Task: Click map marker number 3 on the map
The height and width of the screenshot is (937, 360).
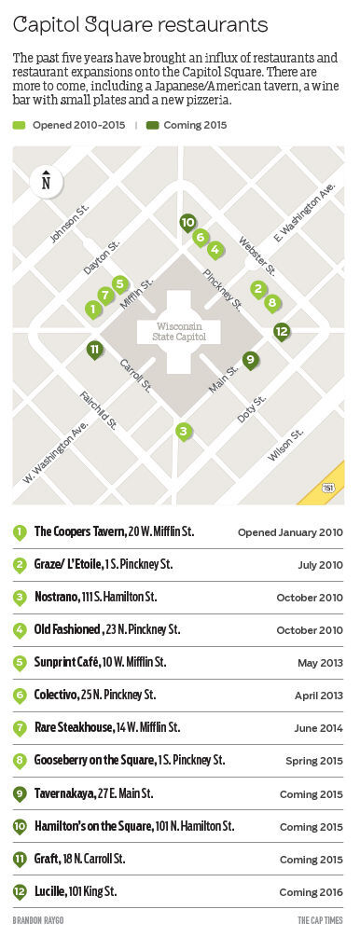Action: (x=184, y=431)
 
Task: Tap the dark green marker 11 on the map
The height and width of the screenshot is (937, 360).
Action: (x=94, y=350)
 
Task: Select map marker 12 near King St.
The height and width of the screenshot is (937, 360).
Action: (x=282, y=330)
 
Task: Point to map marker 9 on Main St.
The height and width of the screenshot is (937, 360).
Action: (x=249, y=359)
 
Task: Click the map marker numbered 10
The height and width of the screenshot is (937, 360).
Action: (x=187, y=222)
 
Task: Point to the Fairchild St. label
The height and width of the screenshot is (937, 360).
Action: (x=97, y=409)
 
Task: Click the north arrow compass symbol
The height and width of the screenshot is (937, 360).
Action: (x=46, y=181)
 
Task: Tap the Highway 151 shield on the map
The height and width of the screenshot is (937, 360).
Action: (x=327, y=487)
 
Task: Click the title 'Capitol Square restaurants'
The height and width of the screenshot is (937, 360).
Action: (x=141, y=23)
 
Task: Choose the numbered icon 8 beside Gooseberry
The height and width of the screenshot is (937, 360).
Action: (x=20, y=761)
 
